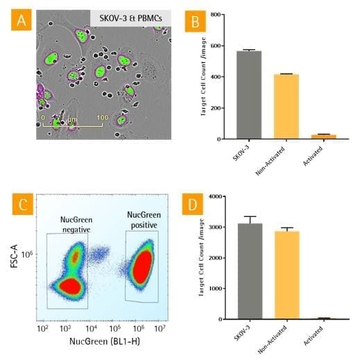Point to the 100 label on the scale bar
point(102,118)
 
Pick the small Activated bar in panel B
point(324,137)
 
